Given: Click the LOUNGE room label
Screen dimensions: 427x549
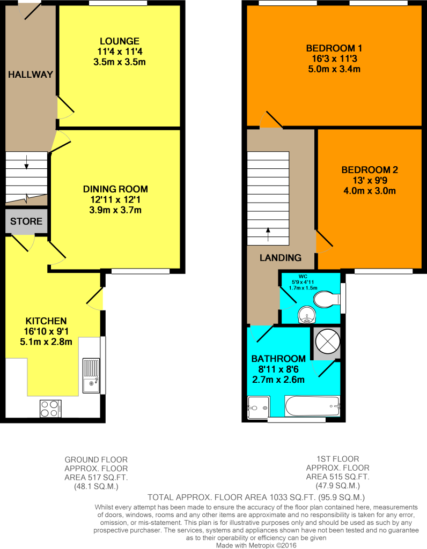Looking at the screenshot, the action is [120, 41].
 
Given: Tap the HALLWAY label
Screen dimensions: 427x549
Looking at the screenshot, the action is [31, 74].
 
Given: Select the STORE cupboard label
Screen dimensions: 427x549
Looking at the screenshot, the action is [26, 221].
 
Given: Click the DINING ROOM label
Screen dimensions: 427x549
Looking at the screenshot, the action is [115, 189].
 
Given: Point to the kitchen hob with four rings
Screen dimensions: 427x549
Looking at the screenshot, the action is [51, 409].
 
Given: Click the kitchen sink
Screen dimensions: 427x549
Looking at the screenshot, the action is [91, 375].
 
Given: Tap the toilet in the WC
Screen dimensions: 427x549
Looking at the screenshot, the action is [327, 299].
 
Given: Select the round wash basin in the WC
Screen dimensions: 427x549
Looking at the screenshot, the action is [307, 314].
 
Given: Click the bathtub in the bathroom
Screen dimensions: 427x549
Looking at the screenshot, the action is [312, 406].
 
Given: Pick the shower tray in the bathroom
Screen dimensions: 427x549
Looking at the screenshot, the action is [259, 407].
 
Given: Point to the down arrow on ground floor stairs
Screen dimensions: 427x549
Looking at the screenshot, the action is [27, 162].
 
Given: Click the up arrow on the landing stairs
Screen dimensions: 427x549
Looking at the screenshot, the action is [268, 235].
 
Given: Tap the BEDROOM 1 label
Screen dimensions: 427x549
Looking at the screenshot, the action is [334, 48].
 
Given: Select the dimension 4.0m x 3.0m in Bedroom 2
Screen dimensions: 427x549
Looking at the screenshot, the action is [370, 191].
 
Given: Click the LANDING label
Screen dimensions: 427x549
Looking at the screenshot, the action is [281, 258].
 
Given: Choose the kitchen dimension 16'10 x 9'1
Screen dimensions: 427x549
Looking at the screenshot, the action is [46, 331].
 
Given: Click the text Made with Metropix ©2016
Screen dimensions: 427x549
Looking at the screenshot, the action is [256, 545].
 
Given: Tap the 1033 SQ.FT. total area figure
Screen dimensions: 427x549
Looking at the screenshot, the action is [292, 497].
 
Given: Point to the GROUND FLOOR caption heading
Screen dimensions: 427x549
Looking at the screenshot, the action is [96, 459].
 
